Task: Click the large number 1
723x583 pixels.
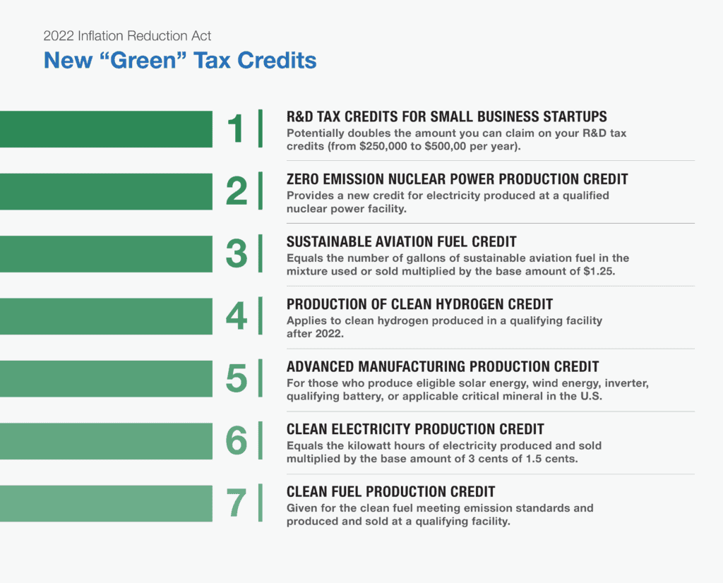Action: (x=236, y=129)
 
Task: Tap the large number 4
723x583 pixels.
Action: (x=237, y=316)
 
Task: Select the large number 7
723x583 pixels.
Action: (x=237, y=503)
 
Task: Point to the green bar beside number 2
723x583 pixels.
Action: (x=106, y=191)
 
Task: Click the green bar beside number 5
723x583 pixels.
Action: (x=106, y=378)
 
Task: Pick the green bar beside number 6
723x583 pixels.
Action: (x=106, y=441)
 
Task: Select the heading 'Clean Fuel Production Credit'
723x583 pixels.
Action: (x=390, y=491)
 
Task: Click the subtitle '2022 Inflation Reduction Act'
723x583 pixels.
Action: (x=127, y=36)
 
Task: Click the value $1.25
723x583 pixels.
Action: (x=598, y=270)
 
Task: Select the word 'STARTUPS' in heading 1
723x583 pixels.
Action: (x=574, y=117)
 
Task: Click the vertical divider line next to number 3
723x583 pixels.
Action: (x=261, y=254)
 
